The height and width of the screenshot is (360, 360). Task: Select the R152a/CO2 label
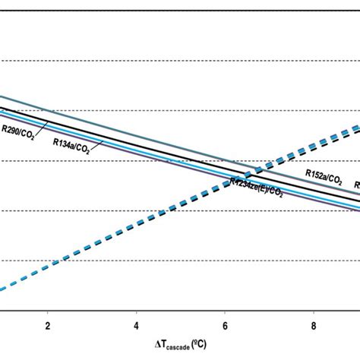[x=324, y=174]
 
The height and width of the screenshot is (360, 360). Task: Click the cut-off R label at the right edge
[x=356, y=185]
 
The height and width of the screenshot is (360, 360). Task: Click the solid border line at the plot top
[x=180, y=9]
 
